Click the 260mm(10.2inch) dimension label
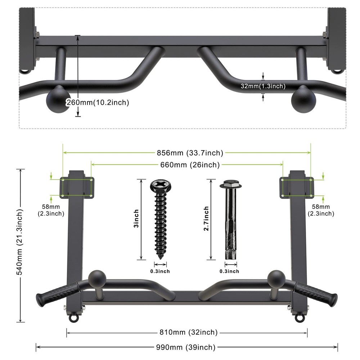click(x=98, y=103)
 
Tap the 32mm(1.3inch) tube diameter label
click(x=263, y=86)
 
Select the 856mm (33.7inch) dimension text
click(x=190, y=153)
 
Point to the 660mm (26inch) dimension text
click(x=190, y=165)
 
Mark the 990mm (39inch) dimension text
click(x=186, y=347)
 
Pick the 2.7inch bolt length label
click(x=206, y=219)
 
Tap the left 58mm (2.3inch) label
click(x=51, y=210)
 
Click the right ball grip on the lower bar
click(x=276, y=279)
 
